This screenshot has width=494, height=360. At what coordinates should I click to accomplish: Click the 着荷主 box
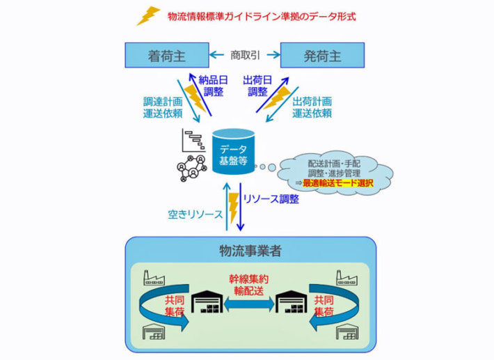(166, 53)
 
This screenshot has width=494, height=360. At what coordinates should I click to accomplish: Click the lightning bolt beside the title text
(148, 15)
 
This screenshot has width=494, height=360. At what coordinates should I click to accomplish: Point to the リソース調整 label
(271, 199)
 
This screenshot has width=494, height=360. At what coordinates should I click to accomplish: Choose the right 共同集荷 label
(324, 305)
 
